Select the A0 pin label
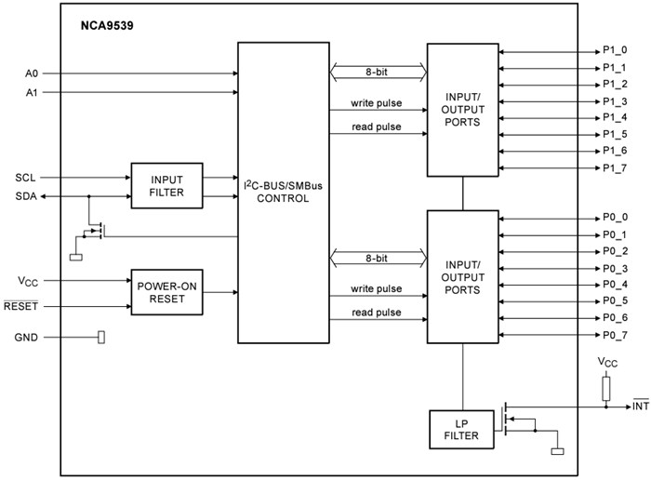click(x=31, y=73)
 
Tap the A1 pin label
click(x=31, y=93)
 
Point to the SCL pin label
click(x=26, y=177)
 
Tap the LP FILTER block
click(x=461, y=429)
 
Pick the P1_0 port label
click(x=615, y=51)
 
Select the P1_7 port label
click(x=615, y=167)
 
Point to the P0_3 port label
click(x=615, y=268)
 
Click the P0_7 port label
click(x=615, y=335)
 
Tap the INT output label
click(x=641, y=406)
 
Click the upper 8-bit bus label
click(x=377, y=69)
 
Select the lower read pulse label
click(x=377, y=313)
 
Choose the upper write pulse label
click(x=377, y=102)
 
